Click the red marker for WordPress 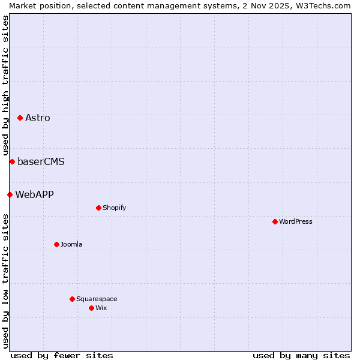pyautogui.click(x=275, y=221)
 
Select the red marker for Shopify pyautogui.click(x=98, y=208)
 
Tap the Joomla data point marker pyautogui.click(x=56, y=244)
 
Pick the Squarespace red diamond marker pyautogui.click(x=72, y=299)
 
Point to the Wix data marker pyautogui.click(x=91, y=308)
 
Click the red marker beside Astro pyautogui.click(x=20, y=118)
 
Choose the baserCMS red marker pyautogui.click(x=12, y=161)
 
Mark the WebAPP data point pyautogui.click(x=10, y=194)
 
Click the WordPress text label pyautogui.click(x=296, y=221)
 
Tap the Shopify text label pyautogui.click(x=114, y=208)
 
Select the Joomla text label pyautogui.click(x=71, y=244)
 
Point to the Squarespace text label pyautogui.click(x=97, y=299)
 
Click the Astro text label pyautogui.click(x=38, y=118)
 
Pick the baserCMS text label pyautogui.click(x=41, y=161)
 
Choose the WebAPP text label pyautogui.click(x=34, y=194)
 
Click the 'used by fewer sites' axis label pyautogui.click(x=62, y=355)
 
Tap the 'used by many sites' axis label pyautogui.click(x=301, y=355)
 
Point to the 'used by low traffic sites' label pyautogui.click(x=5, y=281)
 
